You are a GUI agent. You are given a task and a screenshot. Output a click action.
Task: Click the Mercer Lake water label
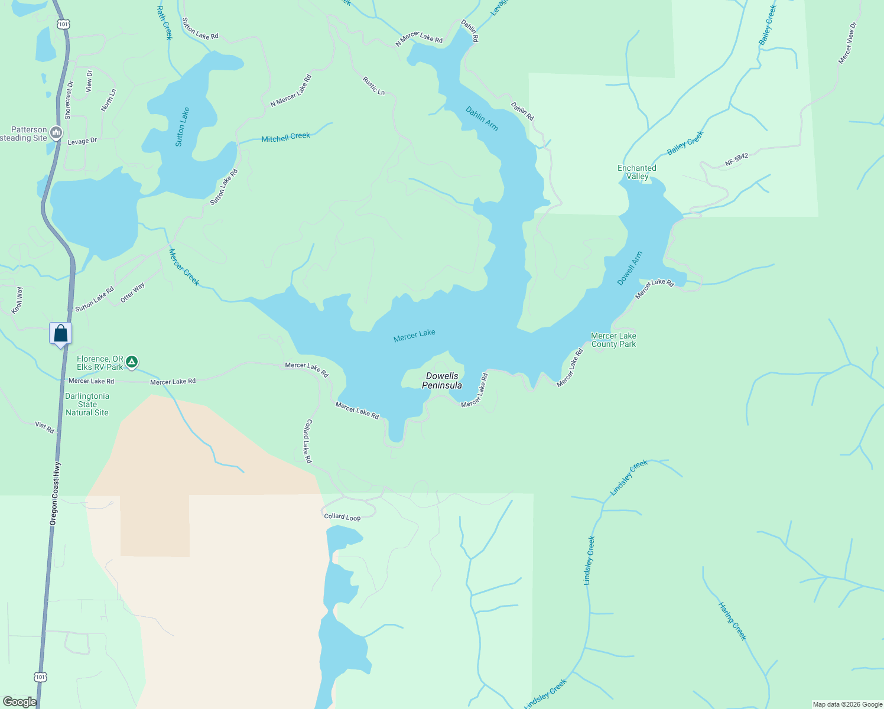tap(414, 336)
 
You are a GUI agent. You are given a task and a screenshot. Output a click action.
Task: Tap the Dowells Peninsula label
tap(442, 380)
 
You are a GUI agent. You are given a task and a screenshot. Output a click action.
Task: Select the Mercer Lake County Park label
tap(613, 340)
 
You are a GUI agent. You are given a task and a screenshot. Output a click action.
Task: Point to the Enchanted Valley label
tap(637, 172)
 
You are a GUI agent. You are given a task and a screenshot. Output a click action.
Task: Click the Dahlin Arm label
tap(482, 119)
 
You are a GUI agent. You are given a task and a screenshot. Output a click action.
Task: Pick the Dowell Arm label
tap(629, 269)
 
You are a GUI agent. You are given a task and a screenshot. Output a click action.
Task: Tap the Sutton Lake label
tap(183, 127)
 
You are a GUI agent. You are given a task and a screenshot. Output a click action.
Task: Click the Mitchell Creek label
tap(285, 138)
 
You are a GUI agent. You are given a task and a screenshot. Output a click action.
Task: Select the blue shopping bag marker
tap(60, 334)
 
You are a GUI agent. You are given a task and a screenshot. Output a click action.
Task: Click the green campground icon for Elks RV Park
tap(132, 361)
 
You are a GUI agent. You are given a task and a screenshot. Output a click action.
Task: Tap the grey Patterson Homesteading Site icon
tap(56, 133)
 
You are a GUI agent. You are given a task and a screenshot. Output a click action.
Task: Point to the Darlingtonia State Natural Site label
tap(87, 405)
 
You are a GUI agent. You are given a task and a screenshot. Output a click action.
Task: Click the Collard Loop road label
tap(342, 517)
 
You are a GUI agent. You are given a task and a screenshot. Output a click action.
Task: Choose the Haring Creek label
tap(733, 621)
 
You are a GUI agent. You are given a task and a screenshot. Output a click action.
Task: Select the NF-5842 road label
tap(736, 160)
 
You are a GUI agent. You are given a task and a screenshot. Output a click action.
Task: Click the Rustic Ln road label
tap(373, 86)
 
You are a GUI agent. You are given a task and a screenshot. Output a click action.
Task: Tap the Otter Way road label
tap(132, 293)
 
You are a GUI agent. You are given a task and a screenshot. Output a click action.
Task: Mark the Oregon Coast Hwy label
tap(54, 494)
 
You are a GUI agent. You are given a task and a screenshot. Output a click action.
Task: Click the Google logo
tap(19, 702)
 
